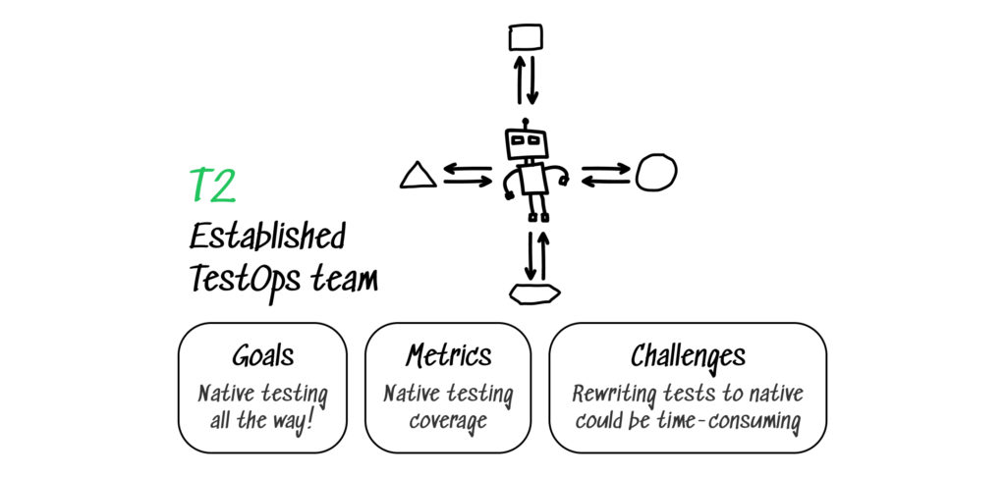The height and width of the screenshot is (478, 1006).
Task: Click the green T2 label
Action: pyautogui.click(x=211, y=186)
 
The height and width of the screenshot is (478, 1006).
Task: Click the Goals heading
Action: pyautogui.click(x=262, y=355)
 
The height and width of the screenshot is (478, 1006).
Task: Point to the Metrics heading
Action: pyautogui.click(x=448, y=355)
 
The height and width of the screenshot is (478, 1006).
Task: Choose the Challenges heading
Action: pyautogui.click(x=688, y=355)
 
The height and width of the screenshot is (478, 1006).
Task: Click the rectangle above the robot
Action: pyautogui.click(x=526, y=38)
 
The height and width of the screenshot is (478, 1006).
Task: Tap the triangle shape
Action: pyautogui.click(x=418, y=176)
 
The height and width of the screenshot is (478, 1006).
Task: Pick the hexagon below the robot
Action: pyautogui.click(x=534, y=292)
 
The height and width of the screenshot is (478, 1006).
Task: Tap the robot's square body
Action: pyautogui.click(x=532, y=180)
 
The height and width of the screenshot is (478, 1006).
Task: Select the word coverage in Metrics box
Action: pyautogui.click(x=448, y=422)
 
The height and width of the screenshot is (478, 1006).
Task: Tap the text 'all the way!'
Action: pyautogui.click(x=262, y=422)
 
